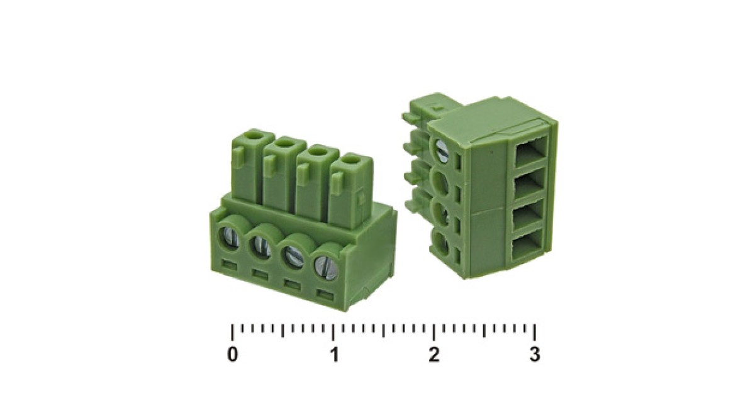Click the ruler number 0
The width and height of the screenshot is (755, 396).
tap(233, 355)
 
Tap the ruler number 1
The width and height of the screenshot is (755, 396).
tap(335, 355)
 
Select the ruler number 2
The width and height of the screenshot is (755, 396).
tap(434, 355)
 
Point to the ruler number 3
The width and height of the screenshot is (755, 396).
tap(535, 355)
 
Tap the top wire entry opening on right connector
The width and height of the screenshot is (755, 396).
tap(530, 150)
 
